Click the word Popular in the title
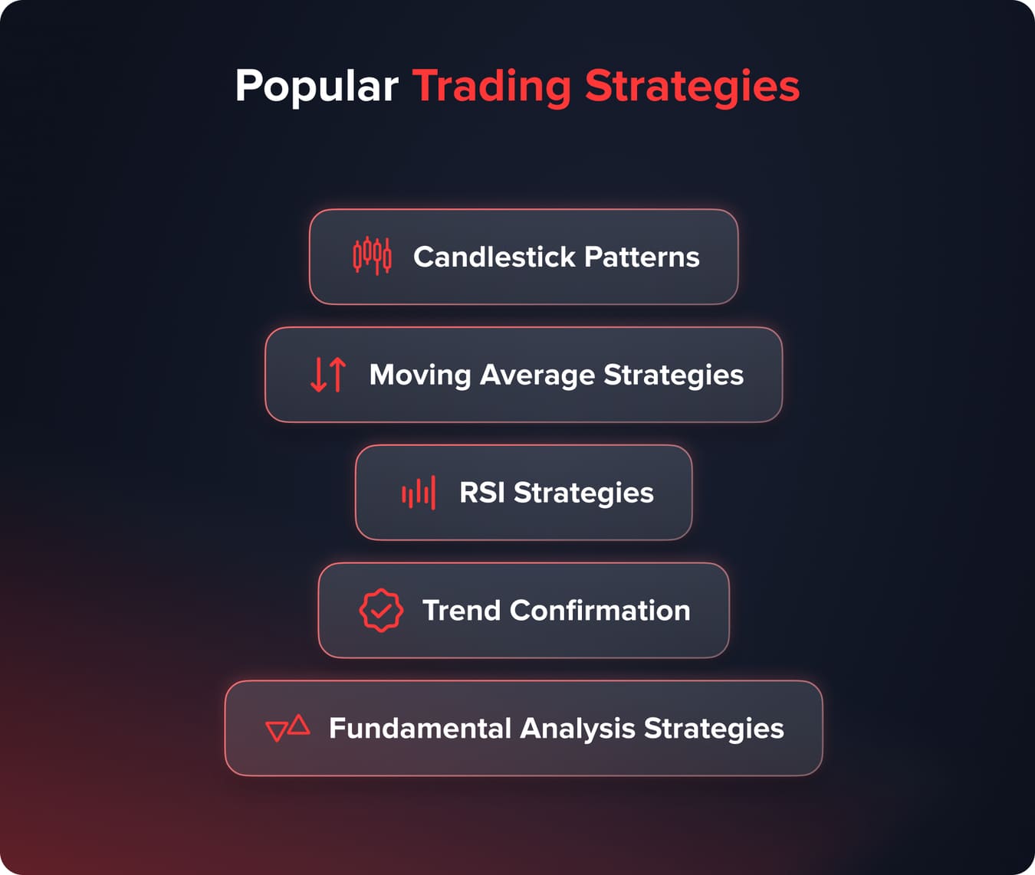coord(316,86)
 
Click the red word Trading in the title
coord(491,86)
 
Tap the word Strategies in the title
coord(692,86)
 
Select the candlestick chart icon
coord(372,256)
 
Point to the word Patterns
coord(642,257)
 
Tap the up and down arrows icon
coord(328,375)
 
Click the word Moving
coord(420,375)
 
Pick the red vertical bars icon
coord(419,493)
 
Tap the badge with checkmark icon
coord(381,611)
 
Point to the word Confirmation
coord(600,611)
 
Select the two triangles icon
coord(287,728)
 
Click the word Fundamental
coord(419,728)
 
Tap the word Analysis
coord(577,728)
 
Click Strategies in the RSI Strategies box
coord(583,493)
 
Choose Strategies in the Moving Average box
coord(673,375)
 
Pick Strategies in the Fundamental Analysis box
coord(714,728)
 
